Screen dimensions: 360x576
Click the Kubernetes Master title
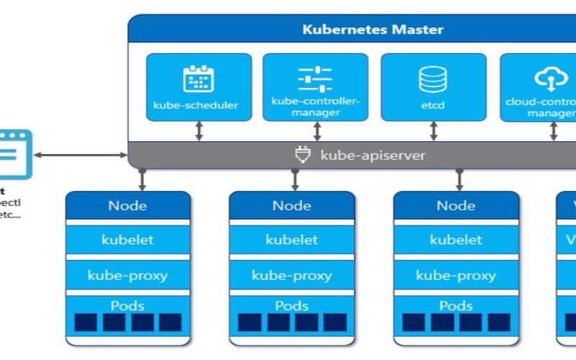(372, 30)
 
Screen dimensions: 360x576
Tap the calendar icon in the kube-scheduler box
(199, 78)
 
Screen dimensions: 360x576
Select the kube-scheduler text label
(196, 105)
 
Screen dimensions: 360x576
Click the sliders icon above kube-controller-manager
(315, 77)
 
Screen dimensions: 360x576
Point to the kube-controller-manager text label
(315, 106)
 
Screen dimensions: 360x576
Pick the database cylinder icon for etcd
(433, 78)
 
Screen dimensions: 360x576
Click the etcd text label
(433, 105)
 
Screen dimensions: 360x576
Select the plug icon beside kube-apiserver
(302, 155)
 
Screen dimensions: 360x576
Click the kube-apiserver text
(372, 155)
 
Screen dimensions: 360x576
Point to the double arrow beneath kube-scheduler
(199, 131)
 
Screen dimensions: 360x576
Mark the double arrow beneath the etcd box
(433, 131)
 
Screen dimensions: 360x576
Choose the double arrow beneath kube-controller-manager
(316, 131)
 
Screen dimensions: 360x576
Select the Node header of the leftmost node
(127, 206)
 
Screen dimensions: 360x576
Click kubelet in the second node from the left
(292, 240)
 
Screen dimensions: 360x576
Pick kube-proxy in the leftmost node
(127, 275)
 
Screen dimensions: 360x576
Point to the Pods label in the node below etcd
(456, 305)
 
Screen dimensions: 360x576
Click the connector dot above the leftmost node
(143, 171)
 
